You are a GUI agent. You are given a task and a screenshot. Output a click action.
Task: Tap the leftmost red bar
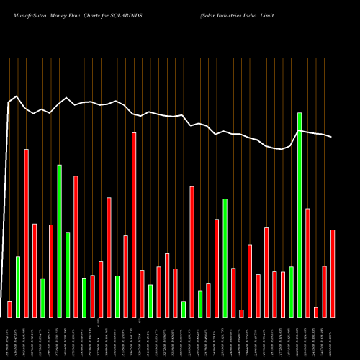point(9,309)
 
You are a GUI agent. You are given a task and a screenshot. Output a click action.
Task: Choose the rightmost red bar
point(333,273)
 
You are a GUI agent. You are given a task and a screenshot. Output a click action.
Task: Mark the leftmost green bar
point(18,287)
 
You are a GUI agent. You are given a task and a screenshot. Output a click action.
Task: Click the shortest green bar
point(184,309)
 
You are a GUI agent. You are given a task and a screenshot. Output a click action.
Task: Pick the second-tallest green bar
point(60,240)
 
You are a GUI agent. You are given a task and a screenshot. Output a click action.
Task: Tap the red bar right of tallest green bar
point(307,262)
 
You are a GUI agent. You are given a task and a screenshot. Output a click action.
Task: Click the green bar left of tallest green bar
point(291,292)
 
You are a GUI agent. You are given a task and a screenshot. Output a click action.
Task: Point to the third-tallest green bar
point(225,258)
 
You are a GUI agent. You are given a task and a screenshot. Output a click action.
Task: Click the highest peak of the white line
point(17,96)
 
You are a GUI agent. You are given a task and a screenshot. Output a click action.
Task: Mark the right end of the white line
point(332,137)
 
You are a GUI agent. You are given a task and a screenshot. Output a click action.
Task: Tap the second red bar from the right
point(324,291)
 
